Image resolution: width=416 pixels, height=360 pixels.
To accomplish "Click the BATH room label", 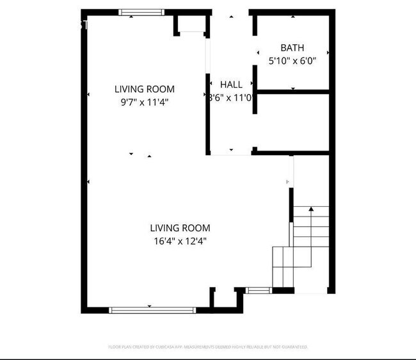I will click(292, 47).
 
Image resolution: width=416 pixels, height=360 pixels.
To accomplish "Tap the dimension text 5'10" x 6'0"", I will click(292, 61).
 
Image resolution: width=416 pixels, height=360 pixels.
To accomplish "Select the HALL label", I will click(231, 85).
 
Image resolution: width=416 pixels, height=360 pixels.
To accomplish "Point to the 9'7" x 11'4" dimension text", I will click(144, 101).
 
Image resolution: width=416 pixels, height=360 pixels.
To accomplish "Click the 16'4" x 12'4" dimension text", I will click(180, 241).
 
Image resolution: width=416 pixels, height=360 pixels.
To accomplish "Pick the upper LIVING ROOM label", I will click(144, 89).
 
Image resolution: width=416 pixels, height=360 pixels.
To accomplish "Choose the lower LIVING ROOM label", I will click(180, 227).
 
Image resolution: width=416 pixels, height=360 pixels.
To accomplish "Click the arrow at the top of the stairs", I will click(311, 209).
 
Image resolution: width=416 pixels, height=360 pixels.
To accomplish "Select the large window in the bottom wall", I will click(152, 310).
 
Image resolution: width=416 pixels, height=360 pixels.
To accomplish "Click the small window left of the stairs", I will click(257, 291).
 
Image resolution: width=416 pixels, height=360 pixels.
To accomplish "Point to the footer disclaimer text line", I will click(208, 347).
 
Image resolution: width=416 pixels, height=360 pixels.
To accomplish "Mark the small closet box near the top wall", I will click(190, 25).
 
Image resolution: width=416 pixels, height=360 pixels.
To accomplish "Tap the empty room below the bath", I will click(292, 122).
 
